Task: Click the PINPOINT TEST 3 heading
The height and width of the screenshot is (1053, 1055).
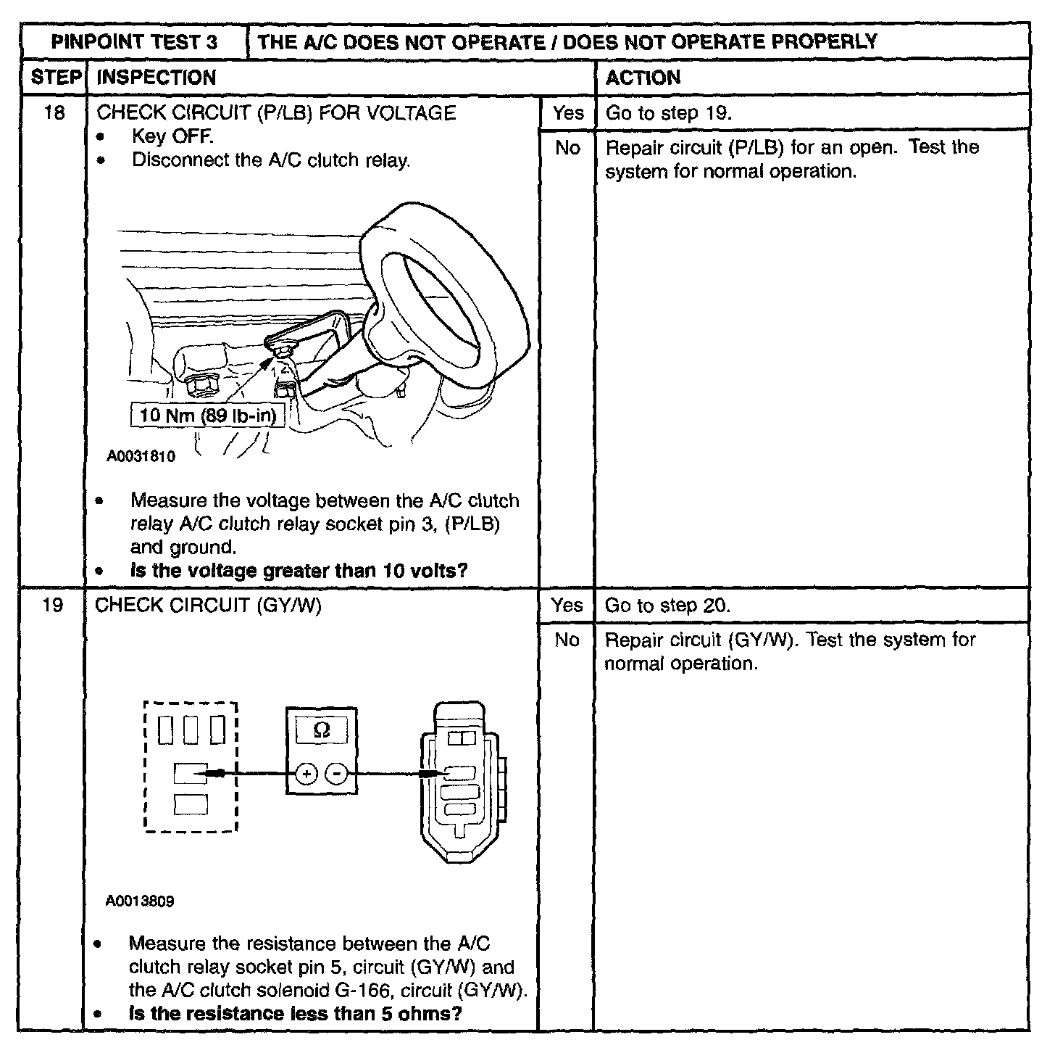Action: click(134, 41)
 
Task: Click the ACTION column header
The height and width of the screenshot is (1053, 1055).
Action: click(643, 78)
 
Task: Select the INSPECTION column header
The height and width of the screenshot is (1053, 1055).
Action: click(156, 78)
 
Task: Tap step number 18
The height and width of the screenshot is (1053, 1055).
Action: click(54, 113)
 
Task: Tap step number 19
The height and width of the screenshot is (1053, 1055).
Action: click(53, 605)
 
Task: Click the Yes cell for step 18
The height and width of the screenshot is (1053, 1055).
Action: click(567, 113)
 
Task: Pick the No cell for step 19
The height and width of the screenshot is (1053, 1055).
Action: click(567, 640)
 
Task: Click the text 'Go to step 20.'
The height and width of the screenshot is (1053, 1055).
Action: click(667, 606)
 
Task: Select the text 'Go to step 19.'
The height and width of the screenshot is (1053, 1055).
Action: click(669, 113)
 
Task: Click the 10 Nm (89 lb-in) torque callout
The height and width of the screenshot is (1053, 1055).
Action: click(208, 416)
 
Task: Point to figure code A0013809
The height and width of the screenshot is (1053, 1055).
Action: click(139, 901)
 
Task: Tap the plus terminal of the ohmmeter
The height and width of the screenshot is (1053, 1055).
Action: click(307, 775)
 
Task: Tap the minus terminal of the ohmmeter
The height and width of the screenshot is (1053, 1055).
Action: click(336, 775)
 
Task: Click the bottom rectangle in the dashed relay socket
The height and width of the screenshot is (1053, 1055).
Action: click(191, 804)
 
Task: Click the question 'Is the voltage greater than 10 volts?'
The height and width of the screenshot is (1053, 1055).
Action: click(299, 571)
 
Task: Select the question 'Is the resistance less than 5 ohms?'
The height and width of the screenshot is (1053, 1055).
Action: click(295, 1013)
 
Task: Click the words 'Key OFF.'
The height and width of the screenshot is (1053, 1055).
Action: click(172, 136)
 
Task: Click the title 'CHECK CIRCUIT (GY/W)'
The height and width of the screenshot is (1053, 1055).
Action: click(208, 605)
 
